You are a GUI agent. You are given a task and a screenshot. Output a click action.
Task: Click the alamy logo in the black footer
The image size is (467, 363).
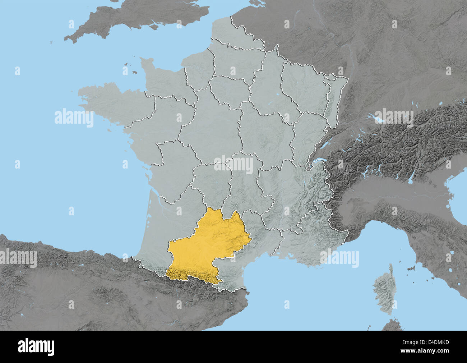[x=36, y=347]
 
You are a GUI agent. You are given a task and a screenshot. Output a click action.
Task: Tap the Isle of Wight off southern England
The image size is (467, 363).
[x=155, y=27]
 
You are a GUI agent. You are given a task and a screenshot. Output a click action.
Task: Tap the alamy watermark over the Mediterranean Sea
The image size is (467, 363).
[x=339, y=259]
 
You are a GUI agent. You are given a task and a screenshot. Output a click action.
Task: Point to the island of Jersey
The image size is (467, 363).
[x=134, y=72]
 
